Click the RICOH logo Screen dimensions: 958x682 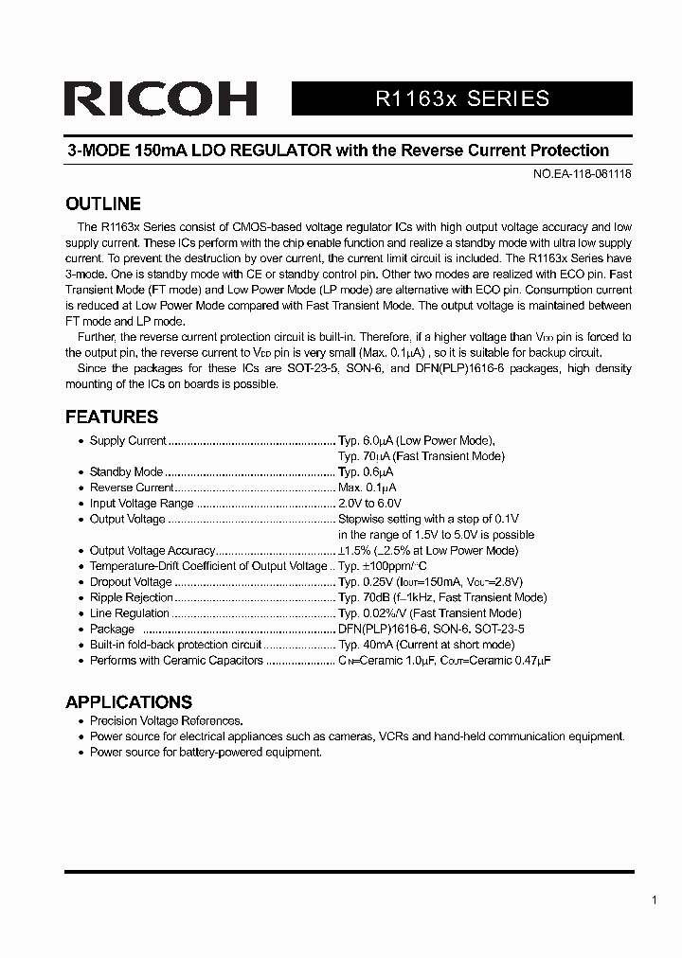coord(161,99)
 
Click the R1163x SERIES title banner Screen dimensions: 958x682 coord(462,99)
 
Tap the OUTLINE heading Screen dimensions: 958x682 coord(102,204)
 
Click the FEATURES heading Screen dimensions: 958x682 coord(111,417)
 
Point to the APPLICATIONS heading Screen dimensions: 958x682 coord(128,702)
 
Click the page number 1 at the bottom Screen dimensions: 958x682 coord(654,900)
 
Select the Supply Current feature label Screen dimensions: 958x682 coord(128,440)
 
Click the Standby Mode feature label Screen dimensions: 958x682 coord(126,471)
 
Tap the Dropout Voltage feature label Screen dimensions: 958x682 coord(131,582)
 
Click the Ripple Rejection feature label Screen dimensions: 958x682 coord(132,597)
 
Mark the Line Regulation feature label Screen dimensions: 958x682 coord(130,613)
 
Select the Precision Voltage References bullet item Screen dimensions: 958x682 coord(166,720)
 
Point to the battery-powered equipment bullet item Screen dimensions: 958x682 coord(206,752)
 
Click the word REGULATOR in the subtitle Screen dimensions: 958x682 coord(281,151)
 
